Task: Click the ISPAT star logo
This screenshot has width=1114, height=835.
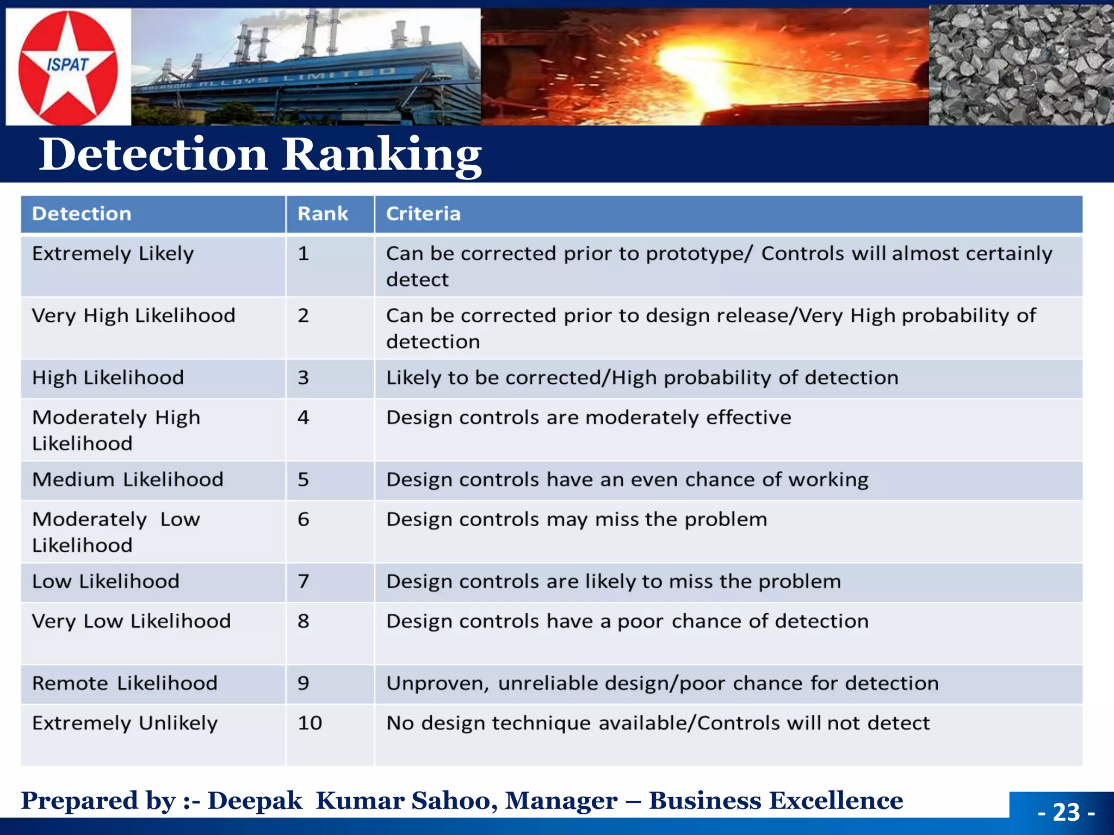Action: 67,66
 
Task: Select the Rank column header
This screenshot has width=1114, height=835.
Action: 323,214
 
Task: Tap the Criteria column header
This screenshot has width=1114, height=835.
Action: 423,214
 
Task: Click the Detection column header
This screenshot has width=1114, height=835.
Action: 82,214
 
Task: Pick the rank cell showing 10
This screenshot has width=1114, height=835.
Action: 310,723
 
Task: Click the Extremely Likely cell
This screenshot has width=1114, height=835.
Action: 113,254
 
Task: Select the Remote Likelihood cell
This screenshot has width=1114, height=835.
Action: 125,683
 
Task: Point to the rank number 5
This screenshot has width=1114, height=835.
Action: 303,479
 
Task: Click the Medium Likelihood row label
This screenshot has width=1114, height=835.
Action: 128,479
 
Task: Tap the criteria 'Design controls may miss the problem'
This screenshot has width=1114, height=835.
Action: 577,520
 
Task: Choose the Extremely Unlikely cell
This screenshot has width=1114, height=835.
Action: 125,723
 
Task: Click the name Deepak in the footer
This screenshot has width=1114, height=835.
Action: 255,801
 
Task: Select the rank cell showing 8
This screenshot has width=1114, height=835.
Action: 303,621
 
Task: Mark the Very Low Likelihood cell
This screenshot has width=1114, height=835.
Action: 131,621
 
